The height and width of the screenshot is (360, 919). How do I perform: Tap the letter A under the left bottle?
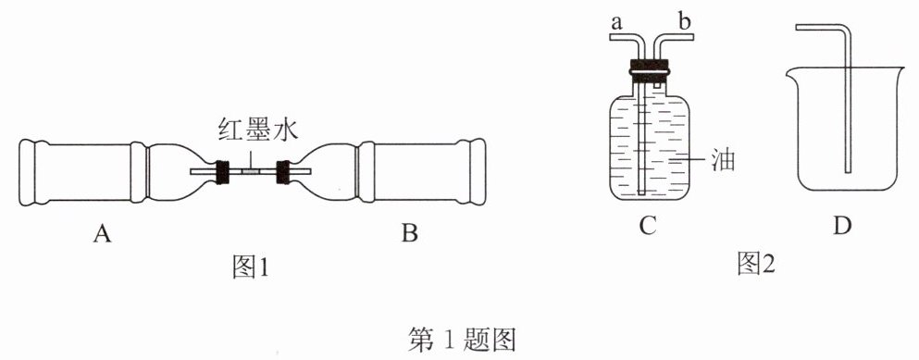click(x=102, y=234)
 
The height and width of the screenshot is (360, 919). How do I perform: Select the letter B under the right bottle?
click(x=410, y=234)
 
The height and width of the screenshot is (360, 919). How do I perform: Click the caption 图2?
click(x=756, y=265)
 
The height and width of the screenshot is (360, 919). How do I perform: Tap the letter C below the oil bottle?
click(x=647, y=226)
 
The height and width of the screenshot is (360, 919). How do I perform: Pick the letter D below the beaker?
click(x=842, y=226)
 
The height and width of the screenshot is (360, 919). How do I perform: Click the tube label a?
click(x=616, y=24)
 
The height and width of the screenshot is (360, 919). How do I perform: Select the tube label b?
click(x=685, y=21)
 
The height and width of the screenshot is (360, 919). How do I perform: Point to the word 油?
click(x=723, y=160)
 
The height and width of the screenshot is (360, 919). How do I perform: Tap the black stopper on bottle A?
click(x=221, y=171)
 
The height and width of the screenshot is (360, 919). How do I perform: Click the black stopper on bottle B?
click(x=284, y=171)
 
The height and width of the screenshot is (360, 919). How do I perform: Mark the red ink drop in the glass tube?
click(x=252, y=171)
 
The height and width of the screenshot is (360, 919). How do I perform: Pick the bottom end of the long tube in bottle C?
click(x=640, y=192)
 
